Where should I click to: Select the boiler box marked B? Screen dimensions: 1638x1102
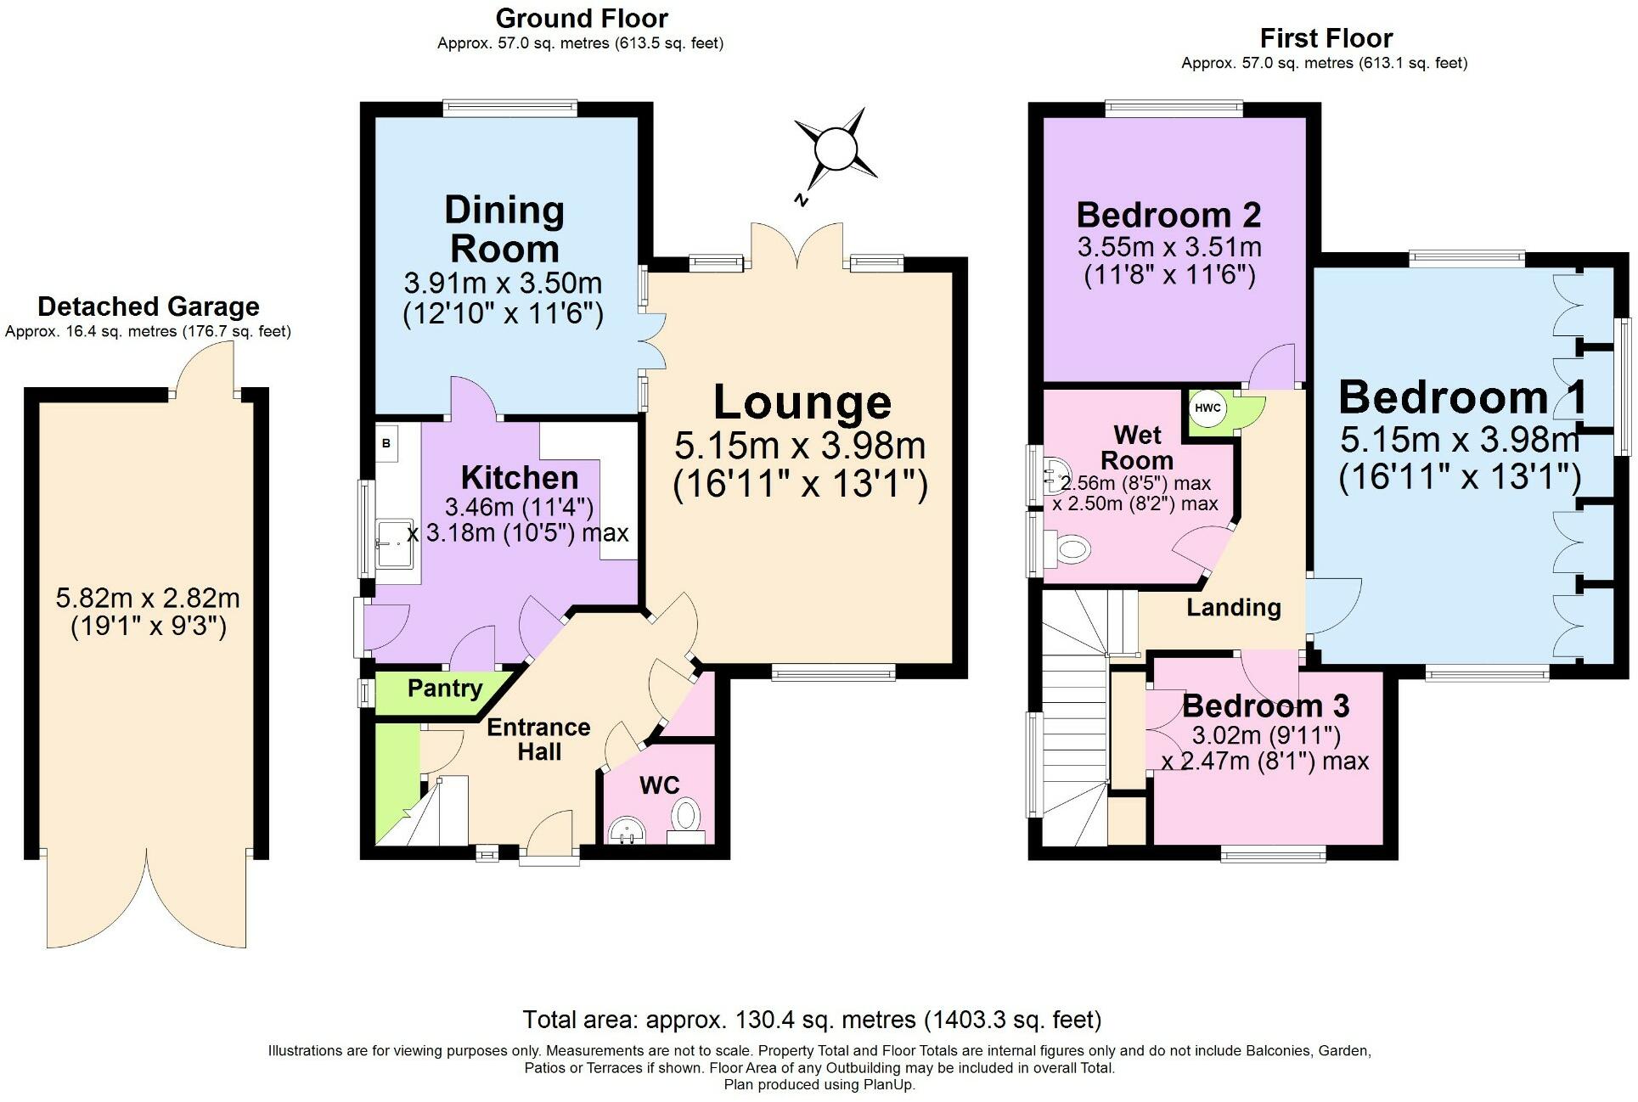(386, 443)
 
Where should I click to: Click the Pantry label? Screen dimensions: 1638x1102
(445, 689)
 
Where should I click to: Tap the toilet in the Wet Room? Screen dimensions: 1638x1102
(1069, 549)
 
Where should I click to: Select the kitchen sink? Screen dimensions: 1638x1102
(396, 544)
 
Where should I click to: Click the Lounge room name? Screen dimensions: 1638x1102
(802, 402)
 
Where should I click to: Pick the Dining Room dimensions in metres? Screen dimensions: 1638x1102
(503, 283)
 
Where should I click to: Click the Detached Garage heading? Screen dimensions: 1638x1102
(149, 306)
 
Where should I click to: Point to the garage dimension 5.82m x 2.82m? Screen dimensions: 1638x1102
(148, 599)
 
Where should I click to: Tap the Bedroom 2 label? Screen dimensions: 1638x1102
(1169, 215)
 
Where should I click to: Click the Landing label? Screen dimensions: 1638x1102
(1234, 608)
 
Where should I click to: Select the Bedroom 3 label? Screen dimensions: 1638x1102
(1266, 706)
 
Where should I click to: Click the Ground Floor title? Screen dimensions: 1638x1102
(582, 18)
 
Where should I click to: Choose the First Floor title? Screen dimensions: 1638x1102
(1326, 38)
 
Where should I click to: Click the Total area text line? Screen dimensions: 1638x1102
(813, 1020)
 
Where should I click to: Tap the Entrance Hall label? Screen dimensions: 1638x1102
(538, 739)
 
